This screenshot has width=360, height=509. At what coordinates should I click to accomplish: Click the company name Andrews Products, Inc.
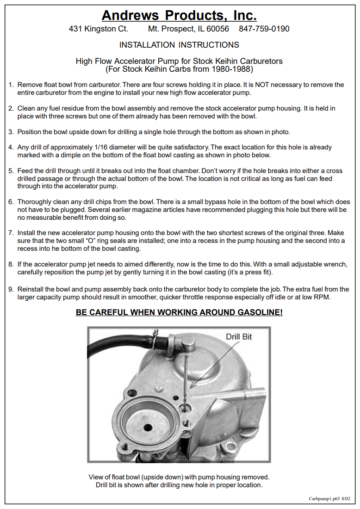tap(179, 15)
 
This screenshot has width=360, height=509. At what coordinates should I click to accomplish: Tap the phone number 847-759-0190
tap(264, 29)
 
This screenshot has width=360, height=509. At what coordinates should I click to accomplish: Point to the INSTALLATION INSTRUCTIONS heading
tap(179, 45)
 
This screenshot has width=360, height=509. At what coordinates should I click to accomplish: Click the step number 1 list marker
tap(11, 85)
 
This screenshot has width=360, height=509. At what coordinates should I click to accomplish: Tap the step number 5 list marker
tap(11, 171)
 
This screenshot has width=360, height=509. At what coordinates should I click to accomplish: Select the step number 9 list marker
tap(11, 290)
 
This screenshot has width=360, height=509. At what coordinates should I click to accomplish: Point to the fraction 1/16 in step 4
tap(100, 148)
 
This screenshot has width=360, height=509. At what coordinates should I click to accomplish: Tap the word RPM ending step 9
tap(323, 297)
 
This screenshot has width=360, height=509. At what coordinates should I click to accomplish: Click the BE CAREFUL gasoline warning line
tap(179, 313)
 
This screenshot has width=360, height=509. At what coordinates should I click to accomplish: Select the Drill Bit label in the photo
tap(238, 337)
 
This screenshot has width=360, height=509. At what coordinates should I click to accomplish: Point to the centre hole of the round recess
tap(147, 426)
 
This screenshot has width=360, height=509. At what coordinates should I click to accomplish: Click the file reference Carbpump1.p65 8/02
tap(329, 499)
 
